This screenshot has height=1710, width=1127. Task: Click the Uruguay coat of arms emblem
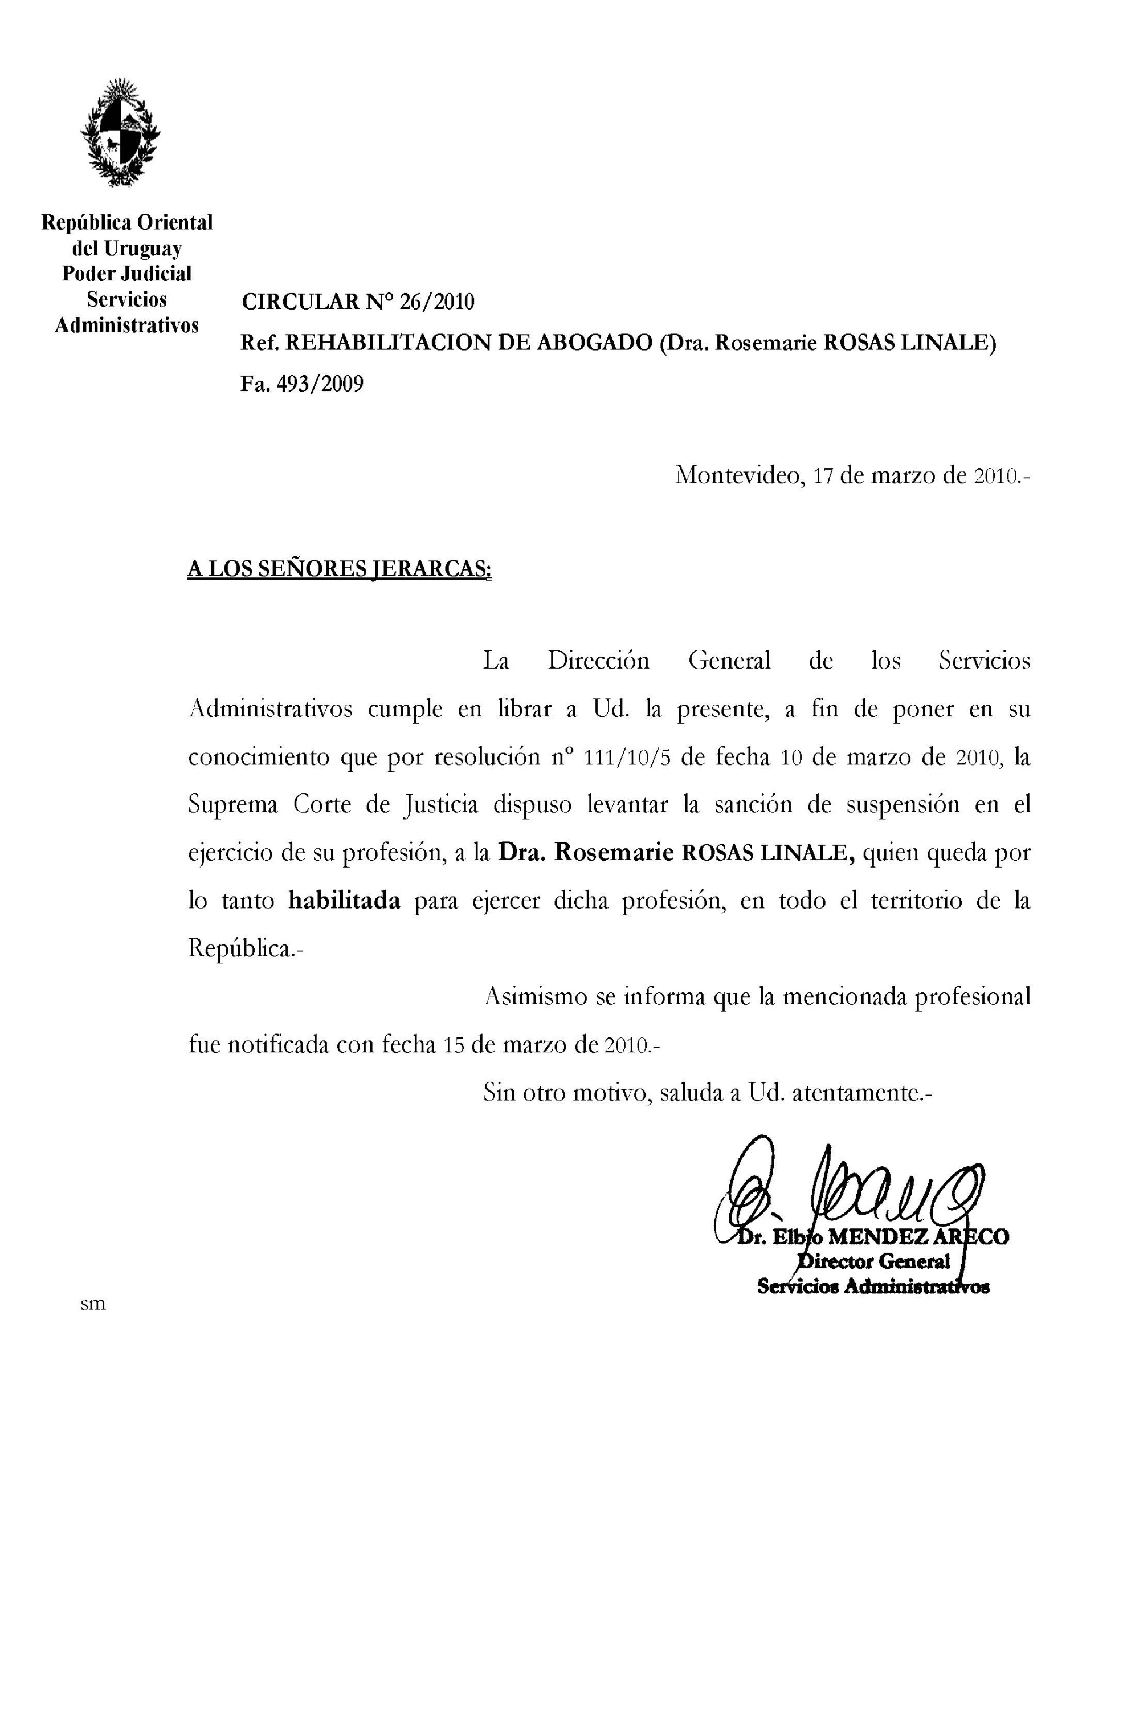120,133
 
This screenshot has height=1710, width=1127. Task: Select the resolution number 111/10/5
628,758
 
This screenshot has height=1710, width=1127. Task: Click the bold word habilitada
344,901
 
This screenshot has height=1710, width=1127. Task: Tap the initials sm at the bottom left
93,1304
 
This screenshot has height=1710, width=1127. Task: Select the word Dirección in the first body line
598,661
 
